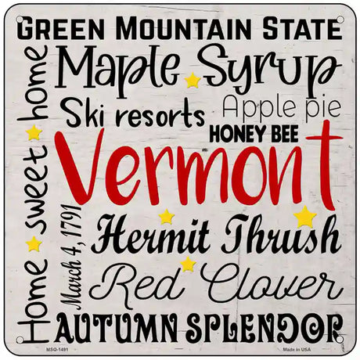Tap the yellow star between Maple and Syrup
(193, 81)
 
